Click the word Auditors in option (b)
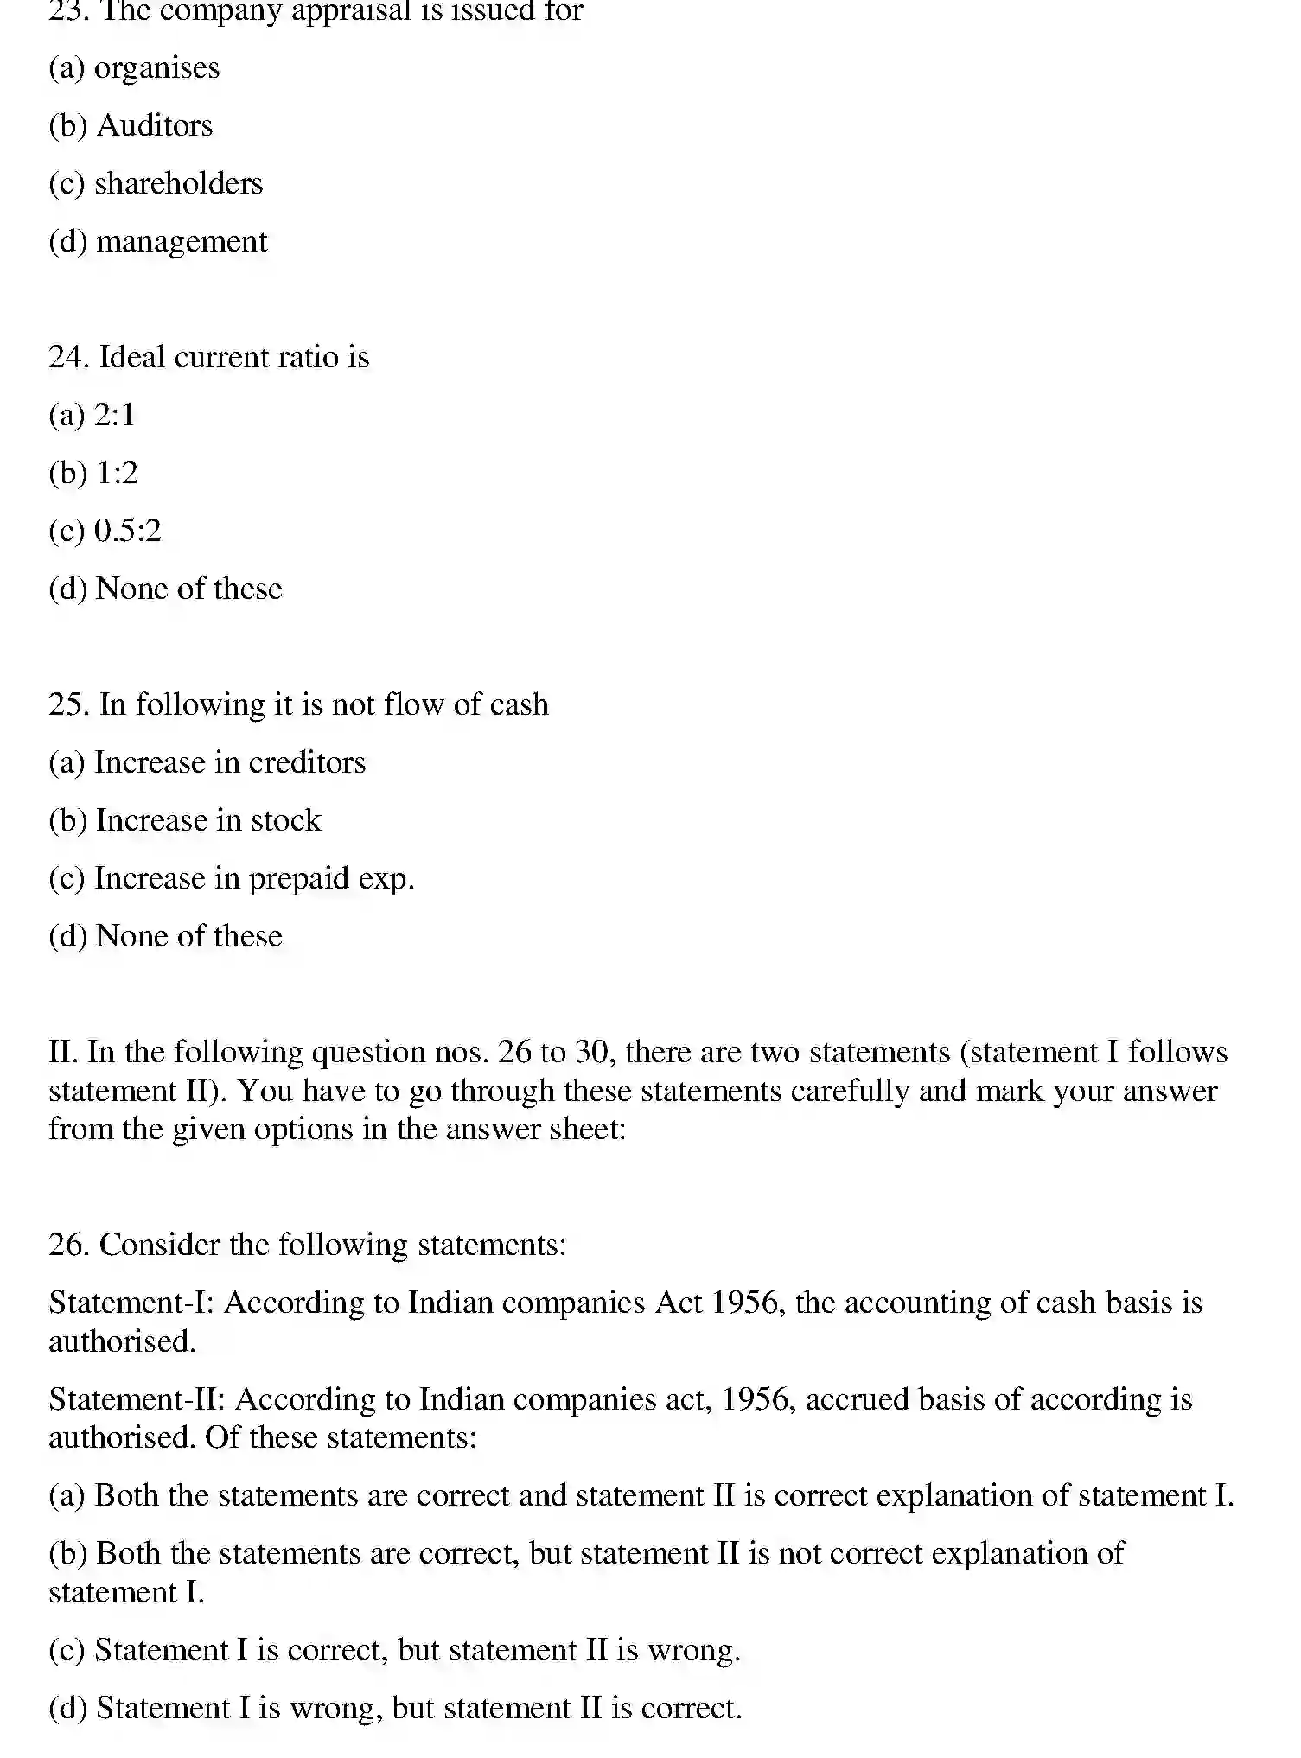coord(155,126)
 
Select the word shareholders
coord(178,184)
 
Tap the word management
coord(182,242)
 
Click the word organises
coord(156,68)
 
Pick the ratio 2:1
coord(115,416)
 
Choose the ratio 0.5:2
coord(127,532)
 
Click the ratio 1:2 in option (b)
coord(117,474)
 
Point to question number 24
coord(68,358)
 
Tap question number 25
coord(68,705)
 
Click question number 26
coord(68,1245)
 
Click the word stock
coord(285,821)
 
